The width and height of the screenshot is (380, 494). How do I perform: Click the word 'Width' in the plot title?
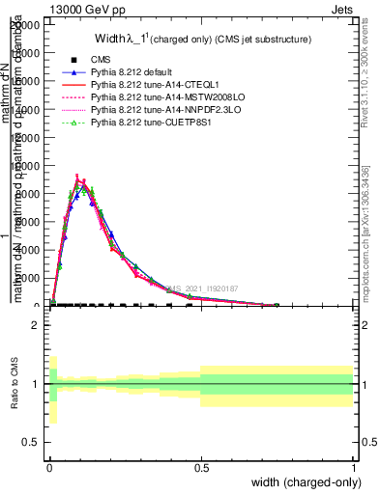(x=108, y=39)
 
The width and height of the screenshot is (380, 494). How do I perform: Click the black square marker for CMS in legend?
(x=73, y=60)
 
